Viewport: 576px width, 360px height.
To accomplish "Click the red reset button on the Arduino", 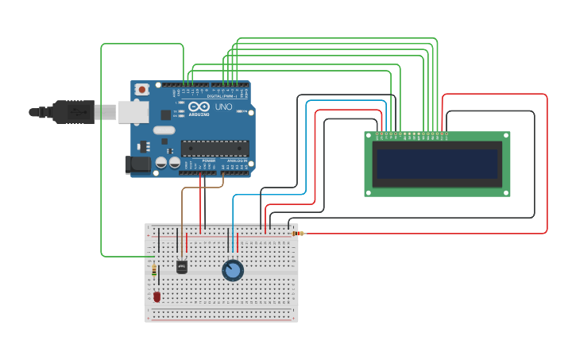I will click(142, 90).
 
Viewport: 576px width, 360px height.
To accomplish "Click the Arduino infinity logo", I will click(199, 106).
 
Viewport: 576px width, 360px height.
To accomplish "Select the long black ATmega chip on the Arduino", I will click(215, 148).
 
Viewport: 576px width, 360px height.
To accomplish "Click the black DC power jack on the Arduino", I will click(137, 165).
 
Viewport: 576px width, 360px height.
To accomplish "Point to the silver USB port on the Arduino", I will click(133, 112).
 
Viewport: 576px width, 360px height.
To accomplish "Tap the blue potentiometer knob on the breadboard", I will click(232, 270).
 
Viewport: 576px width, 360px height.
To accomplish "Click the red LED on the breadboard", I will click(157, 296).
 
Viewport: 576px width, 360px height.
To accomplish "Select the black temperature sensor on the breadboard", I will click(181, 267).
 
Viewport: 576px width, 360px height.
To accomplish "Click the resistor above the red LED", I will click(154, 272).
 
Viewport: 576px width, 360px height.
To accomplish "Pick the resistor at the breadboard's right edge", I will click(298, 234).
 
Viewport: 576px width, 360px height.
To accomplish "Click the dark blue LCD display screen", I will click(437, 165).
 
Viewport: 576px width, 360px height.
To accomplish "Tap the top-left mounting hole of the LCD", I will click(368, 136).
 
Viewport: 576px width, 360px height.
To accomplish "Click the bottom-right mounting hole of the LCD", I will click(506, 192).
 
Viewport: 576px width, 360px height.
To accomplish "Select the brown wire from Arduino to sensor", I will click(182, 215).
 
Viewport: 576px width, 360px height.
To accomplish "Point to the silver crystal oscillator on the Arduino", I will click(164, 130).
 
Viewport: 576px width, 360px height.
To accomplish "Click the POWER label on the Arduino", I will click(208, 161).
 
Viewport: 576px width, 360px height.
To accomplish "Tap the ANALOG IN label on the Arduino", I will click(237, 161).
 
